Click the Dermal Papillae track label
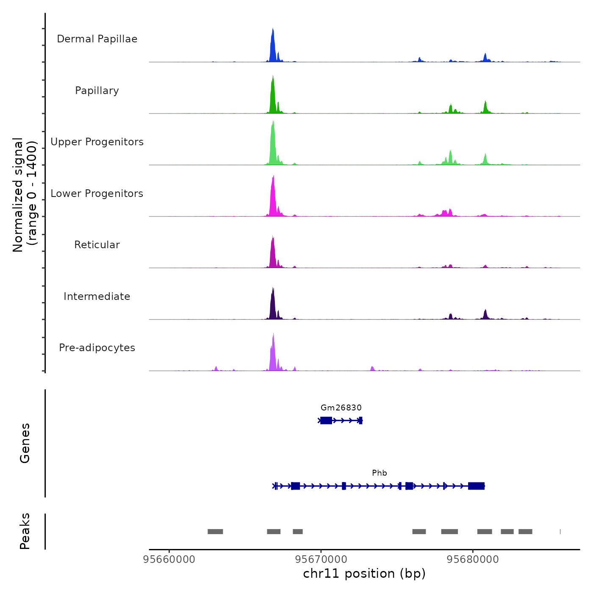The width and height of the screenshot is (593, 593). point(97,39)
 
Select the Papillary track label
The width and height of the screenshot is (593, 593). point(97,91)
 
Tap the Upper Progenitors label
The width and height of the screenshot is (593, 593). point(97,142)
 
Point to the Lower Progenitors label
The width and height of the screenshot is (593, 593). point(97,194)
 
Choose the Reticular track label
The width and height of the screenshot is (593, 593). point(97,245)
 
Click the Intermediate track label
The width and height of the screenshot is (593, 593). point(97,296)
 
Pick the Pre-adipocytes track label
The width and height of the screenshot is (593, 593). point(97,348)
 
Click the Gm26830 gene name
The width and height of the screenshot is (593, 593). point(341,408)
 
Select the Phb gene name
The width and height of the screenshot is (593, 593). point(380,473)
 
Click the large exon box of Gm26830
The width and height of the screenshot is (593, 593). point(326,420)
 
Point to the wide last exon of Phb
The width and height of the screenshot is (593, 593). point(477,486)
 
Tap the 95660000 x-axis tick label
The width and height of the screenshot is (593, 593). point(169,560)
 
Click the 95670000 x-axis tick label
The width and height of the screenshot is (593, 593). point(321,560)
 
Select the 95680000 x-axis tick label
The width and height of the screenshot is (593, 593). point(473,560)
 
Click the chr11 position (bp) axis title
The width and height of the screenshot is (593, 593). point(364,574)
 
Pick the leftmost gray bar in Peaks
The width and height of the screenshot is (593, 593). point(215,532)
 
